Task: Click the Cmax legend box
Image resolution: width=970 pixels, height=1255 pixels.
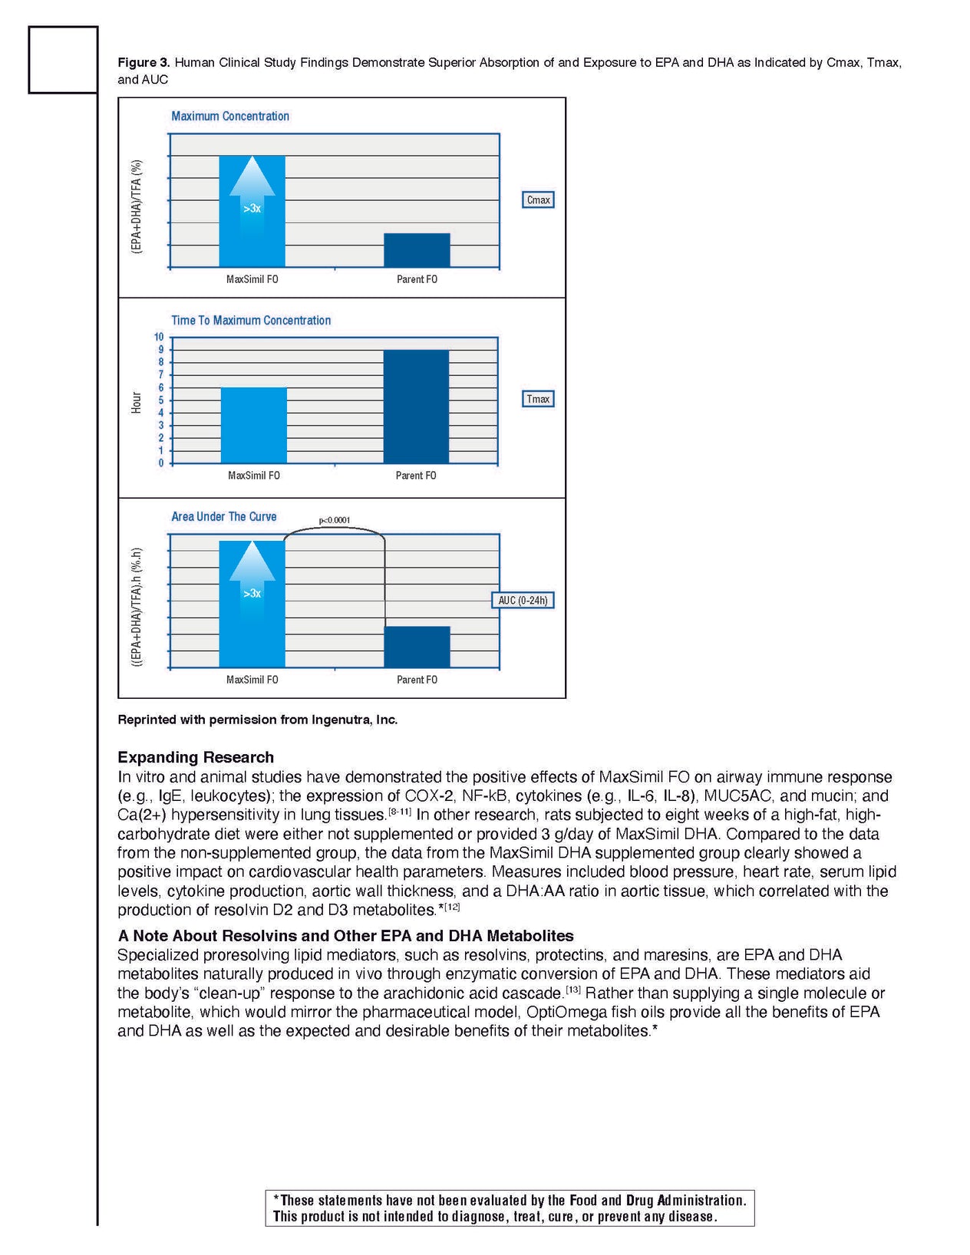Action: tap(538, 200)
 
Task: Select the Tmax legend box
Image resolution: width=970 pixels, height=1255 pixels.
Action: tap(538, 399)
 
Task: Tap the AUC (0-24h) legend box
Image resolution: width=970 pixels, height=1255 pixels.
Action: tap(523, 600)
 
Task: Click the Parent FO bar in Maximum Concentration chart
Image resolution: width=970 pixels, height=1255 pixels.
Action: tap(417, 250)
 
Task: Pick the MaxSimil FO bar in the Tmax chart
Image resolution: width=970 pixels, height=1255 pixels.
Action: tap(254, 425)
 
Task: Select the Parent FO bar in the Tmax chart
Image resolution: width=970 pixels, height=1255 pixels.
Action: tap(416, 407)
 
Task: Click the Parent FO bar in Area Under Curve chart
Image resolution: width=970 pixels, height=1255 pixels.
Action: tap(417, 647)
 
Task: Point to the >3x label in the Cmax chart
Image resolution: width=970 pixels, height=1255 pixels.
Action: tap(252, 209)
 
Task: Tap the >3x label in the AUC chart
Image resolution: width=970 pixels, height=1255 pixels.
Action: tap(252, 594)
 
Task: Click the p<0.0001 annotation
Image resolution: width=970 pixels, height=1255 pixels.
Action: tap(335, 520)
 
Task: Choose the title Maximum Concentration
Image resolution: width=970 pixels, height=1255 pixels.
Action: tap(230, 117)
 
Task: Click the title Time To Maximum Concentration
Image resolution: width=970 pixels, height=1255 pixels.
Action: tap(251, 321)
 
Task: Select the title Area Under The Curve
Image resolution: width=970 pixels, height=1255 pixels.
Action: tap(224, 517)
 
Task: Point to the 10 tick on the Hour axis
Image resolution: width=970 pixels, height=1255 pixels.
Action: tap(159, 337)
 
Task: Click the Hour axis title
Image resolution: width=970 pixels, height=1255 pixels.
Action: tap(137, 402)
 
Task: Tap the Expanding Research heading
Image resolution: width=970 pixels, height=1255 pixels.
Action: tap(196, 757)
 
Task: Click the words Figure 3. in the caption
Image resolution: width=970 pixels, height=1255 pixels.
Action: tap(144, 62)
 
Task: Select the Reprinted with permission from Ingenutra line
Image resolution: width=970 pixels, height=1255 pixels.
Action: tap(258, 720)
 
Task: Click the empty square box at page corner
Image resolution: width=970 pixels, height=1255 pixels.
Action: tap(63, 60)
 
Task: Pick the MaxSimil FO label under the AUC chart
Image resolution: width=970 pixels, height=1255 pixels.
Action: tap(252, 680)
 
